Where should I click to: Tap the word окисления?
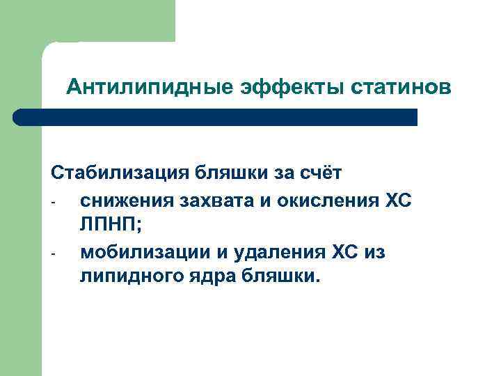coord(326,200)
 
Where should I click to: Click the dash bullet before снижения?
coord(52,203)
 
